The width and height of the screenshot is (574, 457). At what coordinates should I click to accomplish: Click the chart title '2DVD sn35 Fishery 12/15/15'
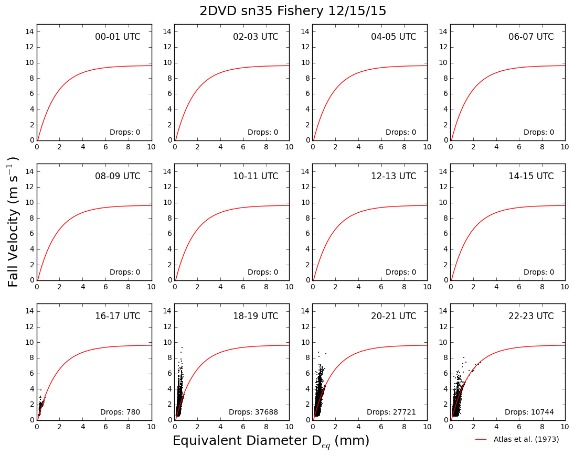pyautogui.click(x=293, y=11)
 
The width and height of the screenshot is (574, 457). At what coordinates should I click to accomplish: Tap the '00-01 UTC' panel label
pyautogui.click(x=118, y=37)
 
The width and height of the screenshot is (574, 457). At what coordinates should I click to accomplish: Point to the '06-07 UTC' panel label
pyautogui.click(x=531, y=37)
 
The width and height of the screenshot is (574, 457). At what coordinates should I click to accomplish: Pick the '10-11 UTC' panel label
pyautogui.click(x=256, y=176)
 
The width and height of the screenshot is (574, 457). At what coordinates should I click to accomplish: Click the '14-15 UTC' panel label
pyautogui.click(x=531, y=176)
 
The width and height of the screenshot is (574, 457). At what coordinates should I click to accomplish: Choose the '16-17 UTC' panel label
pyautogui.click(x=118, y=316)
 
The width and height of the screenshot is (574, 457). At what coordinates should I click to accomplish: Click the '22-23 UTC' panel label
pyautogui.click(x=531, y=316)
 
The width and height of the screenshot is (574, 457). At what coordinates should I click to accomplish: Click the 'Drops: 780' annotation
pyautogui.click(x=120, y=412)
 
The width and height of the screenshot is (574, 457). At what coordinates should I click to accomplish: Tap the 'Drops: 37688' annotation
pyautogui.click(x=253, y=412)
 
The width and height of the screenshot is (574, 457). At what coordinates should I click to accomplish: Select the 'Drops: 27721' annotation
pyautogui.click(x=391, y=412)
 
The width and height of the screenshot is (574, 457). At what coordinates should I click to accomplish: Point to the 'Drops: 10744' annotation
pyautogui.click(x=529, y=412)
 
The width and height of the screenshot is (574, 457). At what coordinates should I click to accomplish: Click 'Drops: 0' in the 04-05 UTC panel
pyautogui.click(x=401, y=133)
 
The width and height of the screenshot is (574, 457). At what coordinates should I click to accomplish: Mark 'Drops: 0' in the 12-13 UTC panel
pyautogui.click(x=401, y=272)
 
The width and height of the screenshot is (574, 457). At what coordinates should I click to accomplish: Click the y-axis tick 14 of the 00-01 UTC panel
pyautogui.click(x=30, y=31)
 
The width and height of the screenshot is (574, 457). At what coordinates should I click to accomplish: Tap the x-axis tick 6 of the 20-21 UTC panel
pyautogui.click(x=381, y=427)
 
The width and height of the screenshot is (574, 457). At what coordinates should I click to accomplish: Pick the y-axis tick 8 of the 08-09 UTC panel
pyautogui.click(x=32, y=218)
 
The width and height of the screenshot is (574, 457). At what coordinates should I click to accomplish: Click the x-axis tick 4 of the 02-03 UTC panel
pyautogui.click(x=220, y=147)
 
